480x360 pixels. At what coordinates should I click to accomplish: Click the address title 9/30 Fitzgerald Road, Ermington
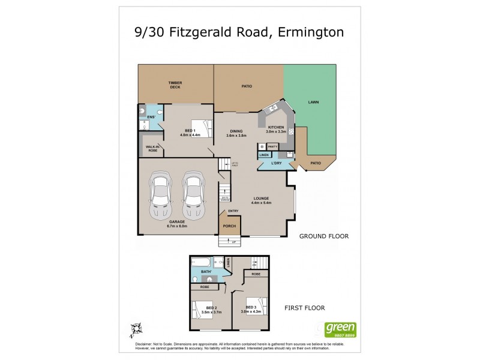(239, 31)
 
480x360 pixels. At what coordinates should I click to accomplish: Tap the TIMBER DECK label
(175, 85)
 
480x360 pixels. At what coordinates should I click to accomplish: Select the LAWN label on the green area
(313, 103)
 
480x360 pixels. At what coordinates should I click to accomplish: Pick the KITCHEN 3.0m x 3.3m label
(276, 129)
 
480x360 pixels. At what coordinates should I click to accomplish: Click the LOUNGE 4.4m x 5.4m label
(261, 200)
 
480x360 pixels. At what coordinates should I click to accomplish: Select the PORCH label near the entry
(229, 226)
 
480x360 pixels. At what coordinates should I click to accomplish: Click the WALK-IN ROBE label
(151, 149)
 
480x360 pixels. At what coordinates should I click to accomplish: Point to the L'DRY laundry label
(277, 163)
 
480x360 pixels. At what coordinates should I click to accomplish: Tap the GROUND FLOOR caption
(324, 236)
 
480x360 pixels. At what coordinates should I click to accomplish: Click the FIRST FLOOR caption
(304, 308)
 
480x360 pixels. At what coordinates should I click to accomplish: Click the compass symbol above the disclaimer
(136, 329)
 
